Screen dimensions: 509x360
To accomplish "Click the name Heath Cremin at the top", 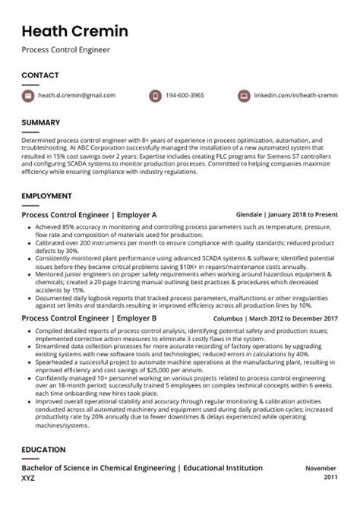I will pyautogui.click(x=74, y=31).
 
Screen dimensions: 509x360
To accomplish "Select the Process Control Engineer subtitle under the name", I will pyautogui.click(x=65, y=50).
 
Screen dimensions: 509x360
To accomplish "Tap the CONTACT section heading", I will pyautogui.click(x=41, y=75).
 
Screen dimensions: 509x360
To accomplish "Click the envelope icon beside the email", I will pyautogui.click(x=28, y=96).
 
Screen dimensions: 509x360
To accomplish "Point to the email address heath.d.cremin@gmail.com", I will pyautogui.click(x=78, y=96).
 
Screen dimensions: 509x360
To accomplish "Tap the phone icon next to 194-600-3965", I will pyautogui.click(x=154, y=96).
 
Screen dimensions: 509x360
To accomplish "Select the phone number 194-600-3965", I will pyautogui.click(x=187, y=96).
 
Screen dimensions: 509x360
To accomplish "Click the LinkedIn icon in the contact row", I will pyautogui.click(x=244, y=96).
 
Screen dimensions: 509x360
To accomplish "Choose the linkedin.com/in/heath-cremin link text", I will pyautogui.click(x=295, y=96).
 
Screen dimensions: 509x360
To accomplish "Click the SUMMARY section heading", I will pyautogui.click(x=42, y=122).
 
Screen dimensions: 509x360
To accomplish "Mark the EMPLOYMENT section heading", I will pyautogui.click(x=46, y=196).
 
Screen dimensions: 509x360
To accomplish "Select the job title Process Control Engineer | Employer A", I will pyautogui.click(x=89, y=215).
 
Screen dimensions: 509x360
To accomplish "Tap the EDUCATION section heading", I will pyautogui.click(x=43, y=450).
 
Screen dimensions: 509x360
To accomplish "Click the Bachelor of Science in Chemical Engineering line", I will pyautogui.click(x=142, y=469).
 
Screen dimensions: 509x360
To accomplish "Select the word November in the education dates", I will pyautogui.click(x=321, y=469).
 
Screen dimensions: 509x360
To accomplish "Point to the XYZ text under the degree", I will pyautogui.click(x=28, y=479).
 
